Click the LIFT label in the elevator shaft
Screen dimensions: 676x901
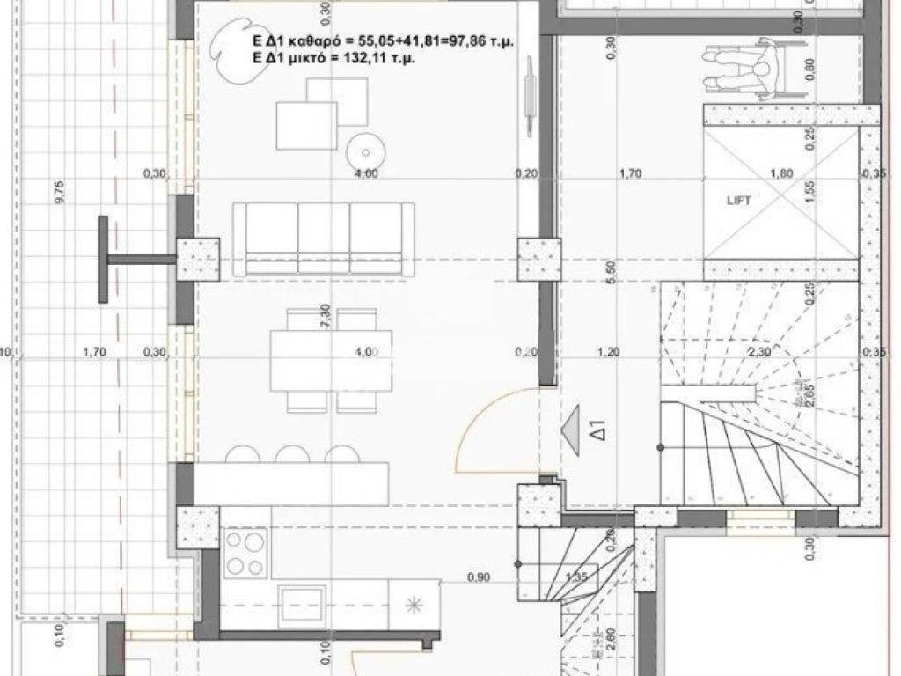coord(739,201)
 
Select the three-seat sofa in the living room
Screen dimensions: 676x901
coord(324,239)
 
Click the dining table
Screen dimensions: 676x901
coord(324,360)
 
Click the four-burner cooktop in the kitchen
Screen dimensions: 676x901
coord(245,554)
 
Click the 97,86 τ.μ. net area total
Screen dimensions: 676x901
coord(480,41)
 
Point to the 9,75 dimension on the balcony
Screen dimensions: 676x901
coord(60,192)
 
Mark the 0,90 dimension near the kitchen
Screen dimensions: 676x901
coord(479,577)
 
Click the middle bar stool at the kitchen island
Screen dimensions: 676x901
coord(290,454)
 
